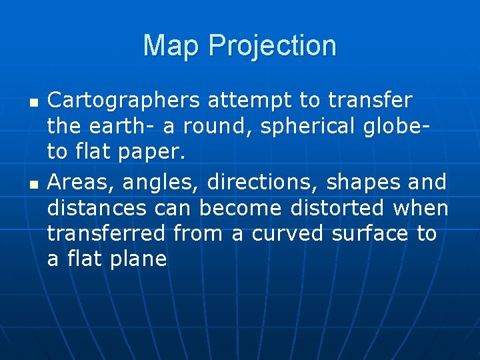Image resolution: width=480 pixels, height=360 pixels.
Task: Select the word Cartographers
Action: tap(123, 101)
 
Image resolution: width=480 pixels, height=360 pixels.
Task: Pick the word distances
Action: tap(97, 207)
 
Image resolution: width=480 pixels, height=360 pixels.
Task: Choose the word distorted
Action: tap(337, 207)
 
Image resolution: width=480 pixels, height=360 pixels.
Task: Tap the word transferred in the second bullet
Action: tap(106, 233)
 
